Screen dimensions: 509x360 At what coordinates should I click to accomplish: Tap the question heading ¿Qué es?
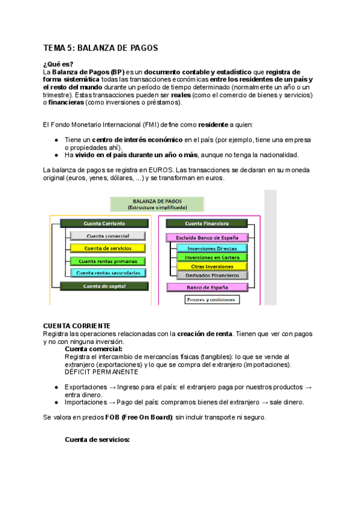click(x=58, y=64)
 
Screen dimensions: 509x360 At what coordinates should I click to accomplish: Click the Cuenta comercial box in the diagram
click(x=107, y=236)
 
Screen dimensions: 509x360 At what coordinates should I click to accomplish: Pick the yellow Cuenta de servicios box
click(x=107, y=248)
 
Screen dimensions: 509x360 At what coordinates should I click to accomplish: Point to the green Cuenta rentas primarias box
click(x=107, y=261)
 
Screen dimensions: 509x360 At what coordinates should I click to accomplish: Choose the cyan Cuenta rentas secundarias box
click(x=107, y=273)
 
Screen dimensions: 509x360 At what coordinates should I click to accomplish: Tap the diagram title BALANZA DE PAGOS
click(x=157, y=201)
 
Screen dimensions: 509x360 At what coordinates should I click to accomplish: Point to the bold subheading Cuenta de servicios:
click(x=97, y=440)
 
